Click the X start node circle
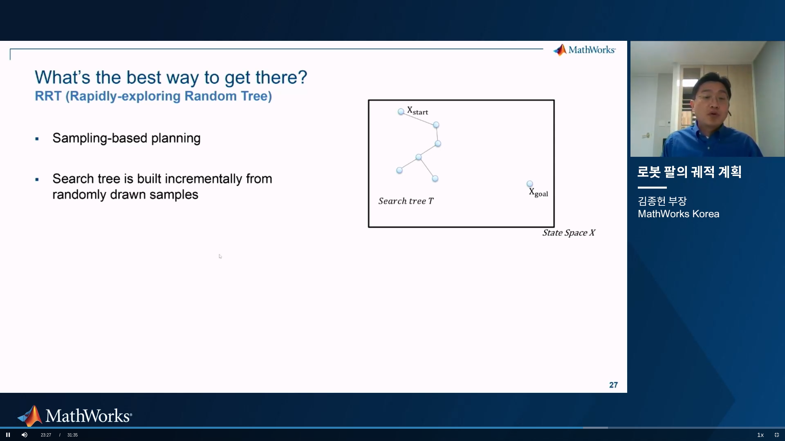tap(401, 111)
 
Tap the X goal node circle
tap(530, 184)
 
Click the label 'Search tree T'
tap(406, 201)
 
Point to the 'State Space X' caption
tap(569, 233)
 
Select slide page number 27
tap(613, 385)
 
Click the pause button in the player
tap(8, 435)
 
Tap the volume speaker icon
tap(25, 435)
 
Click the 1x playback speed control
tap(760, 435)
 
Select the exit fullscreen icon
tap(777, 435)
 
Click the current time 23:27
tap(46, 435)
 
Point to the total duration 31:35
tap(72, 435)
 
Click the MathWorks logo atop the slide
tap(584, 50)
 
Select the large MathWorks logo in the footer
tap(74, 416)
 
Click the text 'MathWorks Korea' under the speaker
tap(678, 214)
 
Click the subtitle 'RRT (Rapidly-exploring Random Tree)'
tap(153, 96)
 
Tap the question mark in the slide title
tap(303, 77)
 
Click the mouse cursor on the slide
tap(220, 256)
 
